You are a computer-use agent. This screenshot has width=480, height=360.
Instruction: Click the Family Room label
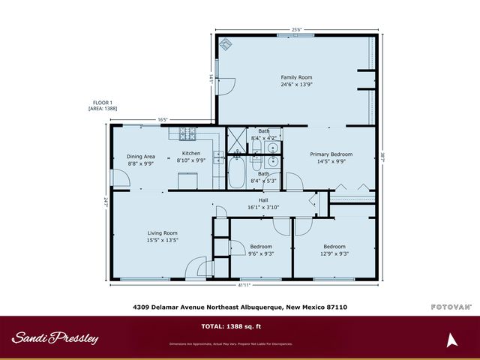[296, 77]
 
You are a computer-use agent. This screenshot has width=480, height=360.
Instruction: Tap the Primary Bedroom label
[331, 154]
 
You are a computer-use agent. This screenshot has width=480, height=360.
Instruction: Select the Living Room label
[161, 233]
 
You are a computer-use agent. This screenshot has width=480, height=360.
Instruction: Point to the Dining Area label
[140, 156]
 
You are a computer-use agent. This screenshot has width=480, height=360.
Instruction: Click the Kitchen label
[191, 153]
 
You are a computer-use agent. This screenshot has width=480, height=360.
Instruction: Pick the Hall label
[263, 200]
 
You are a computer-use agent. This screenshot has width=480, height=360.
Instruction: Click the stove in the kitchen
[187, 133]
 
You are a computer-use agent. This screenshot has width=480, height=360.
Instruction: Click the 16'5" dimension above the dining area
[163, 119]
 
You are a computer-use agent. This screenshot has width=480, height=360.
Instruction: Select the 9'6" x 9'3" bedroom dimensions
[261, 253]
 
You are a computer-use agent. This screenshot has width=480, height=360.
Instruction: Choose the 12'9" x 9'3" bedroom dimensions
[334, 253]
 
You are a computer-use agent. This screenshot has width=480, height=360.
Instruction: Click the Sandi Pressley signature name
[55, 338]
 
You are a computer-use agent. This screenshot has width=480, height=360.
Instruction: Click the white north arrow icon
[451, 340]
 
